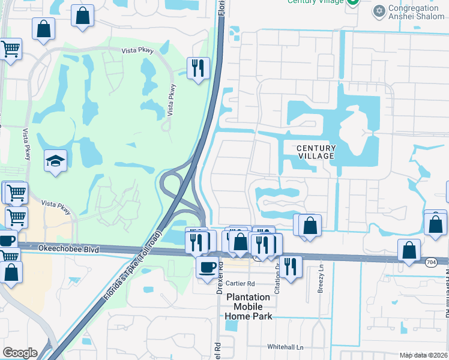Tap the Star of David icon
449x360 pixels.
click(379, 11)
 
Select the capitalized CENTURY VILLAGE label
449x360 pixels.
click(316, 152)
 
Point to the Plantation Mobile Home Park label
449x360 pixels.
click(249, 307)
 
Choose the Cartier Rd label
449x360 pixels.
click(241, 283)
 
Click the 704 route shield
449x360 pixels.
click(430, 262)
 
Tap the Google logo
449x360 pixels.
click(20, 353)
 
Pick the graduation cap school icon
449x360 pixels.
click(55, 160)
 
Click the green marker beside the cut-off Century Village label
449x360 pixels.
click(353, 3)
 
